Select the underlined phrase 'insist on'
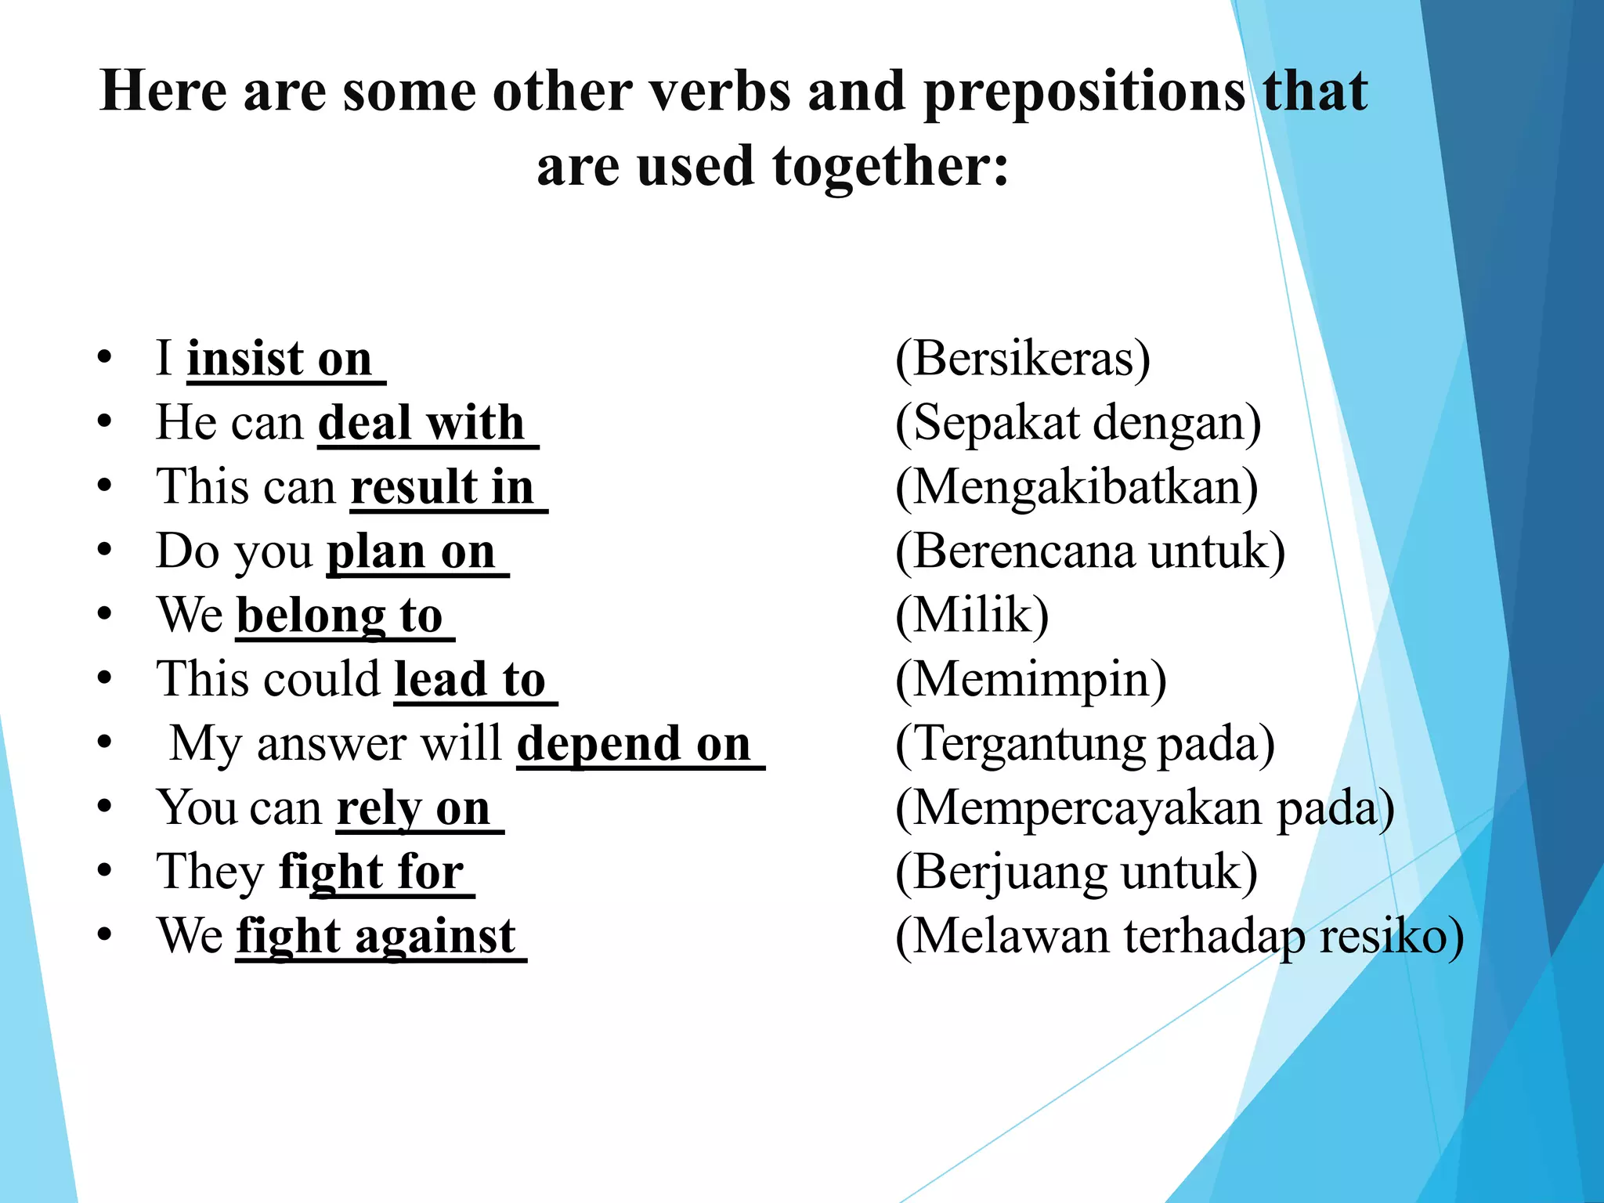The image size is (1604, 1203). [x=280, y=359]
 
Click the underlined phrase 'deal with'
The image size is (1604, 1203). [x=421, y=424]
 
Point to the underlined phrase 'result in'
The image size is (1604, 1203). [x=443, y=487]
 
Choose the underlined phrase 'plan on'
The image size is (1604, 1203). [x=411, y=551]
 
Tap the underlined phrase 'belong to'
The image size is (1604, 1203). [x=340, y=616]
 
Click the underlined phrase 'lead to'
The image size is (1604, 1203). [x=470, y=679]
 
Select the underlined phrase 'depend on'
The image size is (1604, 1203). [x=634, y=743]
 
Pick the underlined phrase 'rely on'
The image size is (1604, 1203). [x=414, y=808]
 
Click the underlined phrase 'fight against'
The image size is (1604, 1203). [x=376, y=936]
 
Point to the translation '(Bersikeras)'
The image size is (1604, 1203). [x=1023, y=359]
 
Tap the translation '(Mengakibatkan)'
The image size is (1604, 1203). [x=1077, y=487]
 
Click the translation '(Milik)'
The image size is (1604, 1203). [x=972, y=616]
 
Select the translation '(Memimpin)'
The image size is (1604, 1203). [x=1031, y=679]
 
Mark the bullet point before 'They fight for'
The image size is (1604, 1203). [x=105, y=871]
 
